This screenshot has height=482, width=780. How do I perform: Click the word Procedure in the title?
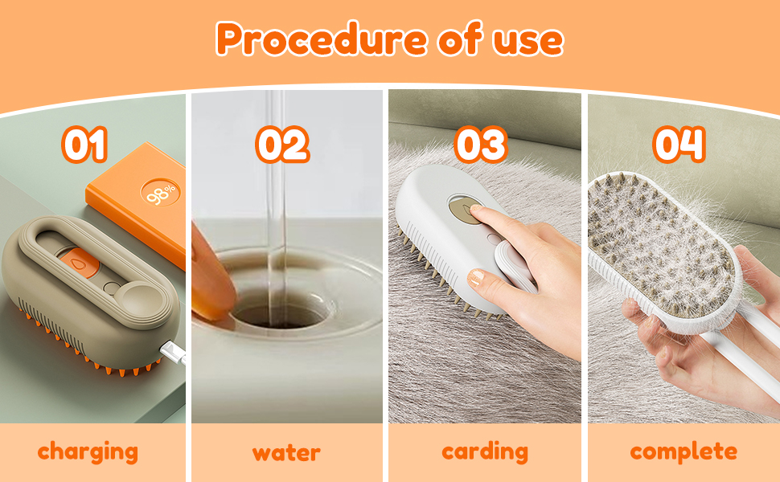[x=322, y=39]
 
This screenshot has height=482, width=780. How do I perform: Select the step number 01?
[x=84, y=145]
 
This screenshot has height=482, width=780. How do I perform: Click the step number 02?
[x=282, y=145]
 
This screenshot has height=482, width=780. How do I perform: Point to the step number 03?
[x=481, y=145]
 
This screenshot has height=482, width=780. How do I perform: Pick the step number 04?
[x=679, y=145]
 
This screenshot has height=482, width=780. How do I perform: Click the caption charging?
[x=88, y=452]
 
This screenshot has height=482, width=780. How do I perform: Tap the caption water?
[x=286, y=453]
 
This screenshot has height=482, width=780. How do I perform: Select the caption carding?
[x=485, y=452]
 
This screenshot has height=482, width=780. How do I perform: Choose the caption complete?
[x=684, y=452]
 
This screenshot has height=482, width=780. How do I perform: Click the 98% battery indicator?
[x=160, y=194]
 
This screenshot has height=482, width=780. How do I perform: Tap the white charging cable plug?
[x=173, y=351]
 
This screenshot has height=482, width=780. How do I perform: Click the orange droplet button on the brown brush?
[x=79, y=263]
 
